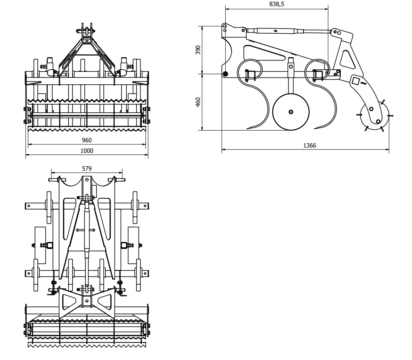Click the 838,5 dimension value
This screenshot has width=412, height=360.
[x=276, y=4]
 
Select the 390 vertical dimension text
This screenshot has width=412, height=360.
[x=198, y=50]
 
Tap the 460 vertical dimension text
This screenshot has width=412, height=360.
[x=198, y=102]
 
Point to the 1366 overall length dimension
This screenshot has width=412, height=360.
[x=310, y=146]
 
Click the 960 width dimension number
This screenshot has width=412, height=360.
[x=87, y=140]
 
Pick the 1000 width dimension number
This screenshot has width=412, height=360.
[x=87, y=151]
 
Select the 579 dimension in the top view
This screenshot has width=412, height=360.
[x=87, y=168]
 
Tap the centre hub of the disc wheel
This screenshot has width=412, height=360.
[x=291, y=112]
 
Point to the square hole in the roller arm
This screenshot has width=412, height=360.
[x=355, y=81]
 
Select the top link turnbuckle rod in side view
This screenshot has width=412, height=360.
[x=275, y=30]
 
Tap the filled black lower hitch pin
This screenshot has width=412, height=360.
[x=225, y=74]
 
